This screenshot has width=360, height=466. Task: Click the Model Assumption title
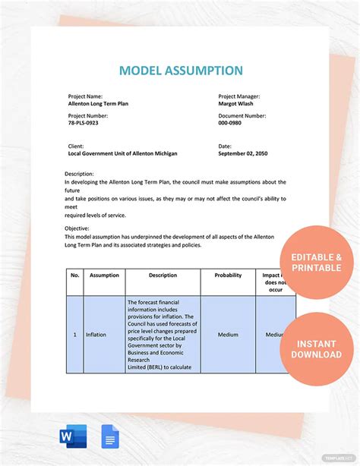[x=181, y=71]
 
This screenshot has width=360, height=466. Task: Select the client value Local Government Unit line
[x=122, y=153]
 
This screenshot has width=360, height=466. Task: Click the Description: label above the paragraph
[x=79, y=174]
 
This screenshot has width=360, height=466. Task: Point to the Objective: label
[x=77, y=228]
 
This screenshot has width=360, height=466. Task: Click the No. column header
[x=75, y=276]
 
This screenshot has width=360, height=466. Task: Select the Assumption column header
[x=104, y=276]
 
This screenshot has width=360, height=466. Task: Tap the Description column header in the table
[x=163, y=276]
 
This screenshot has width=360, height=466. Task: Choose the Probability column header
[x=228, y=276]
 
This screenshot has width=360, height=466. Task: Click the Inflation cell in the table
[x=96, y=335]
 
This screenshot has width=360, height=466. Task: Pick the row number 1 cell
[x=74, y=335]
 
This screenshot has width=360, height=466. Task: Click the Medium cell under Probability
[x=228, y=335]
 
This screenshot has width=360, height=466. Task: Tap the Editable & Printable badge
[x=317, y=263]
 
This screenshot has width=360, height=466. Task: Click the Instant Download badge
[x=317, y=349]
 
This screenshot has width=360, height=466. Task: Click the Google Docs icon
[x=109, y=436]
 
